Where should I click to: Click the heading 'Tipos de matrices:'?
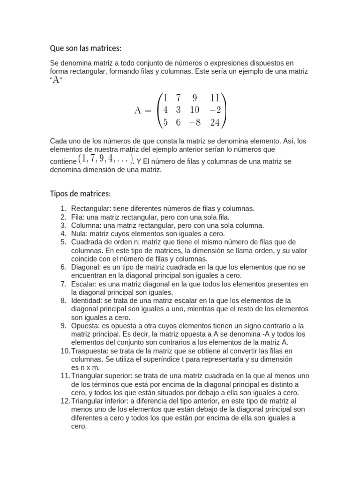(x=80, y=194)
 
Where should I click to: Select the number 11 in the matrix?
(x=215, y=98)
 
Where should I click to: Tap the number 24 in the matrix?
(x=215, y=123)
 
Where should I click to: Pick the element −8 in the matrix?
(x=195, y=123)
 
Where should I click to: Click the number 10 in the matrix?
(x=195, y=110)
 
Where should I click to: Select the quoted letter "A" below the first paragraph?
(x=56, y=80)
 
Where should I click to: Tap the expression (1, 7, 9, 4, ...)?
(x=106, y=159)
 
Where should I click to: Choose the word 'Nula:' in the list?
(x=80, y=233)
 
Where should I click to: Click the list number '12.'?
(x=64, y=401)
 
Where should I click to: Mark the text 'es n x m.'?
(x=85, y=367)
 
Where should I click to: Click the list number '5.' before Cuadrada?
(x=64, y=242)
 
